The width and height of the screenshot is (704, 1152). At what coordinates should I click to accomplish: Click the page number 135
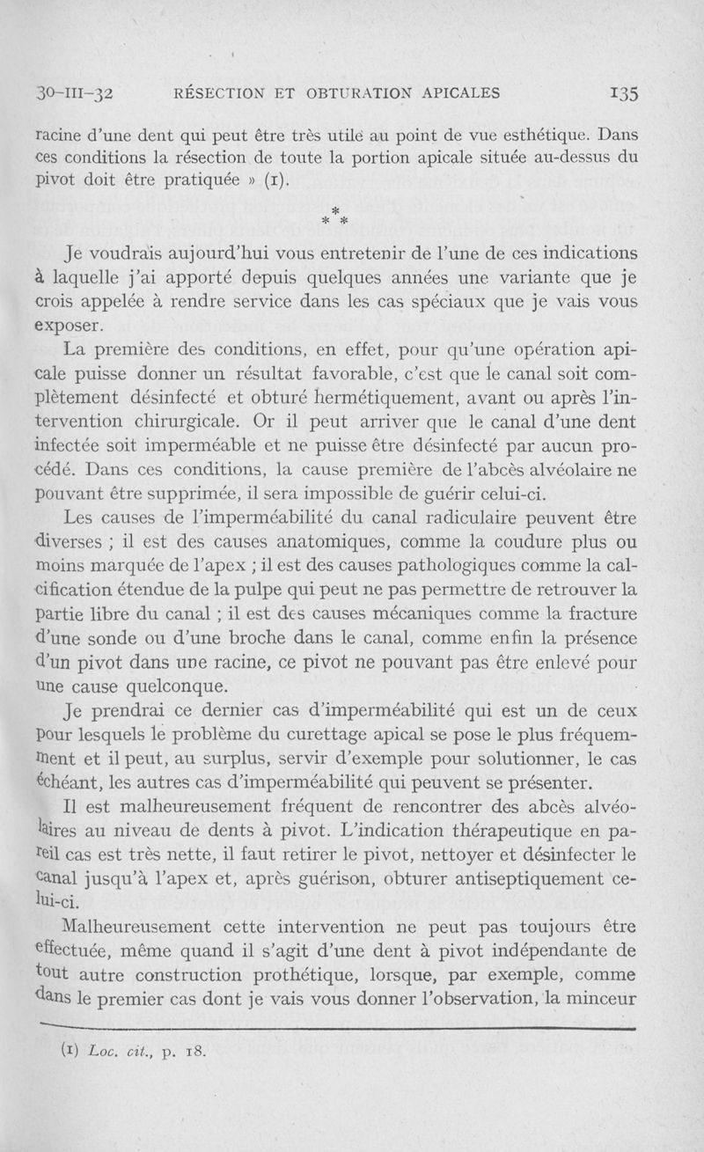[x=620, y=92]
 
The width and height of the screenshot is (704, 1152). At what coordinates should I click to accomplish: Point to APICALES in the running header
[x=457, y=92]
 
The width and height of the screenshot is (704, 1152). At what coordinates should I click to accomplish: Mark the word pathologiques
[x=453, y=561]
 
